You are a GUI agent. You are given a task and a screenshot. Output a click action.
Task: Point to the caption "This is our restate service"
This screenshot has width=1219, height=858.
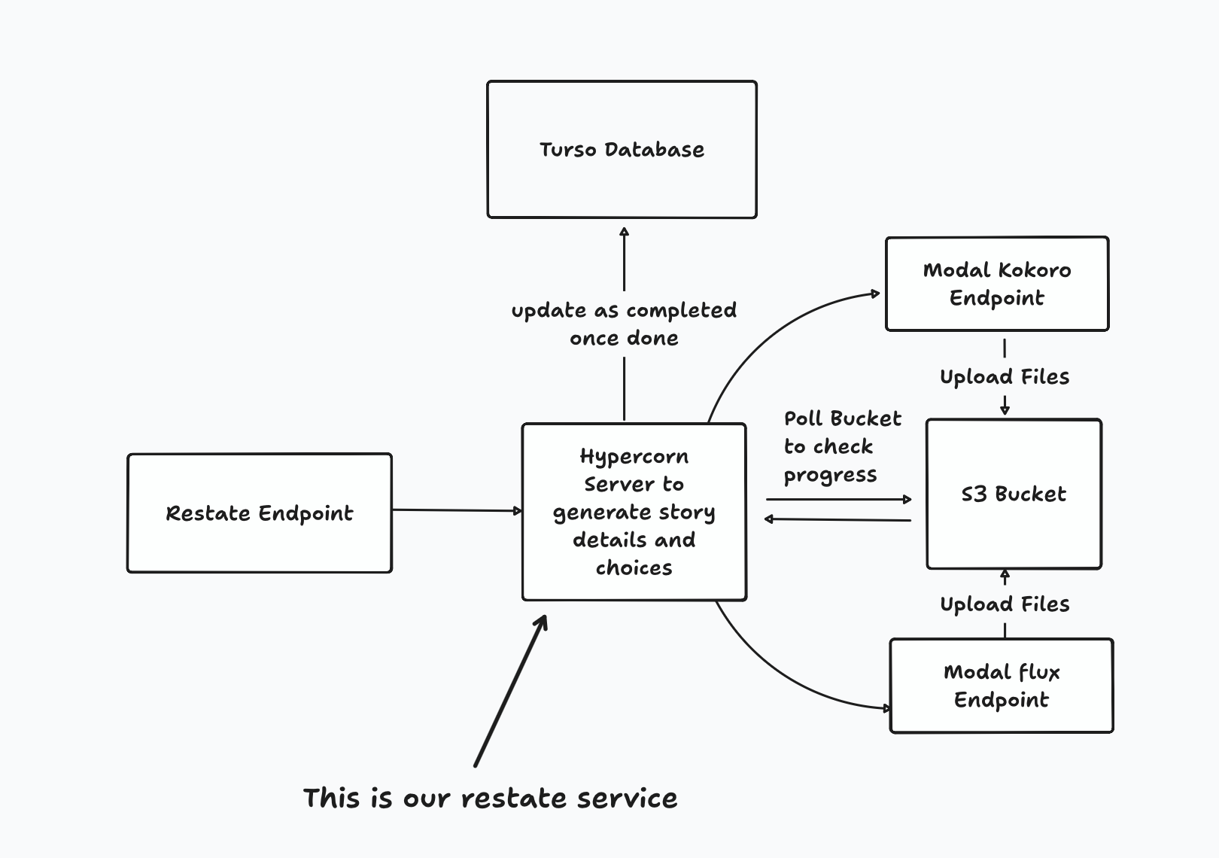[x=490, y=799]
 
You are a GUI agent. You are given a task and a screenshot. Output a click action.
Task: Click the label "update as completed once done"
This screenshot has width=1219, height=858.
[x=624, y=324]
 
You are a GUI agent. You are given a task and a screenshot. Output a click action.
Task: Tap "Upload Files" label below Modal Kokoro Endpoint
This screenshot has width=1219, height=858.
[x=1005, y=377]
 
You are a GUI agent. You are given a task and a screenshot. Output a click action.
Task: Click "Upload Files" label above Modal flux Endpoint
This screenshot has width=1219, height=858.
[x=1005, y=604]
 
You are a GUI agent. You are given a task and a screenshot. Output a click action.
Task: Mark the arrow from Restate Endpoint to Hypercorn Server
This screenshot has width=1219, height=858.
[x=456, y=510]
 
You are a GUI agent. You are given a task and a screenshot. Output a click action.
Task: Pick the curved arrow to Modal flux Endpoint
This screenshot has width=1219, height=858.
[x=783, y=677]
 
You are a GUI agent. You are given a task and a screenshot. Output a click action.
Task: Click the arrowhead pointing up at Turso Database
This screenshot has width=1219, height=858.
[x=624, y=233]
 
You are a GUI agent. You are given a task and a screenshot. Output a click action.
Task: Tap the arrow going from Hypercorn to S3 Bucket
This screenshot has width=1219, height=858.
[x=838, y=499]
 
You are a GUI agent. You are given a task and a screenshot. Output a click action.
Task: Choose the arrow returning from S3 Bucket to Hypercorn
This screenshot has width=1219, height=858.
[x=838, y=519]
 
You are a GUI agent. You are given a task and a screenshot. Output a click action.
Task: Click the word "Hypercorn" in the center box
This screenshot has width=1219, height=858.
[x=634, y=457]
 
